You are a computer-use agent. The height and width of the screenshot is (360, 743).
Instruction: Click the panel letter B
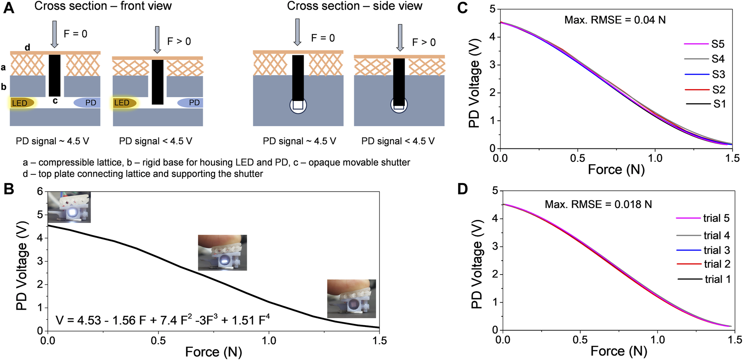9,189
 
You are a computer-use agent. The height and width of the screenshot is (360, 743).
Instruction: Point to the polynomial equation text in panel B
163,320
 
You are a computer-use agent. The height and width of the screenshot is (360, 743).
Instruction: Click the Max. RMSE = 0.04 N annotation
615,20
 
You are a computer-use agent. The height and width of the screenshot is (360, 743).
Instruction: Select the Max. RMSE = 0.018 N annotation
598,205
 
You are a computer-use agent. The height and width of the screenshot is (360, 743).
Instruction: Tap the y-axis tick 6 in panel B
40,192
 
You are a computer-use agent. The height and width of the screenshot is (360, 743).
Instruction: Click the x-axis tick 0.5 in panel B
158,341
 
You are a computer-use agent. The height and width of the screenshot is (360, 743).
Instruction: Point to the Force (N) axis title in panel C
616,170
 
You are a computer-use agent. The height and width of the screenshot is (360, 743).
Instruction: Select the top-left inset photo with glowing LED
69,207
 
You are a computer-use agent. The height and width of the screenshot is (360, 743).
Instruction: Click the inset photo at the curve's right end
351,298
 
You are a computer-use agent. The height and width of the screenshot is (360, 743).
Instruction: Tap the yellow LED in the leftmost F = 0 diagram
21,103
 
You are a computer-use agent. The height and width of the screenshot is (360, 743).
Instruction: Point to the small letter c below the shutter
55,101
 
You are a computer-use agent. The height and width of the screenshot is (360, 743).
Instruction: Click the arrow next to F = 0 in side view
297,32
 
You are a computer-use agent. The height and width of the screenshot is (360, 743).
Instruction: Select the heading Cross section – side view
354,6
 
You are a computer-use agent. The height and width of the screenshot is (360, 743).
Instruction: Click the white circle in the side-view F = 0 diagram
298,105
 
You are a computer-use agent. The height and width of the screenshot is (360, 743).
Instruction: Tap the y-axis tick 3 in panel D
495,246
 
